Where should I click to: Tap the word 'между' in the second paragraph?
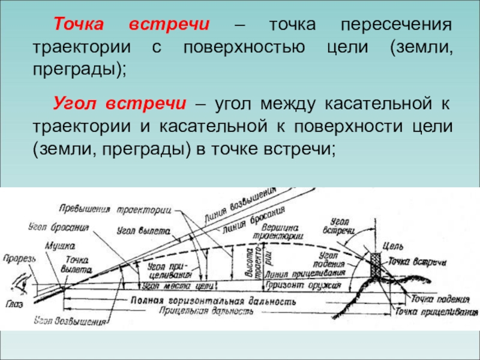(x=288, y=103)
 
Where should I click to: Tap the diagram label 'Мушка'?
(x=62, y=247)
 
